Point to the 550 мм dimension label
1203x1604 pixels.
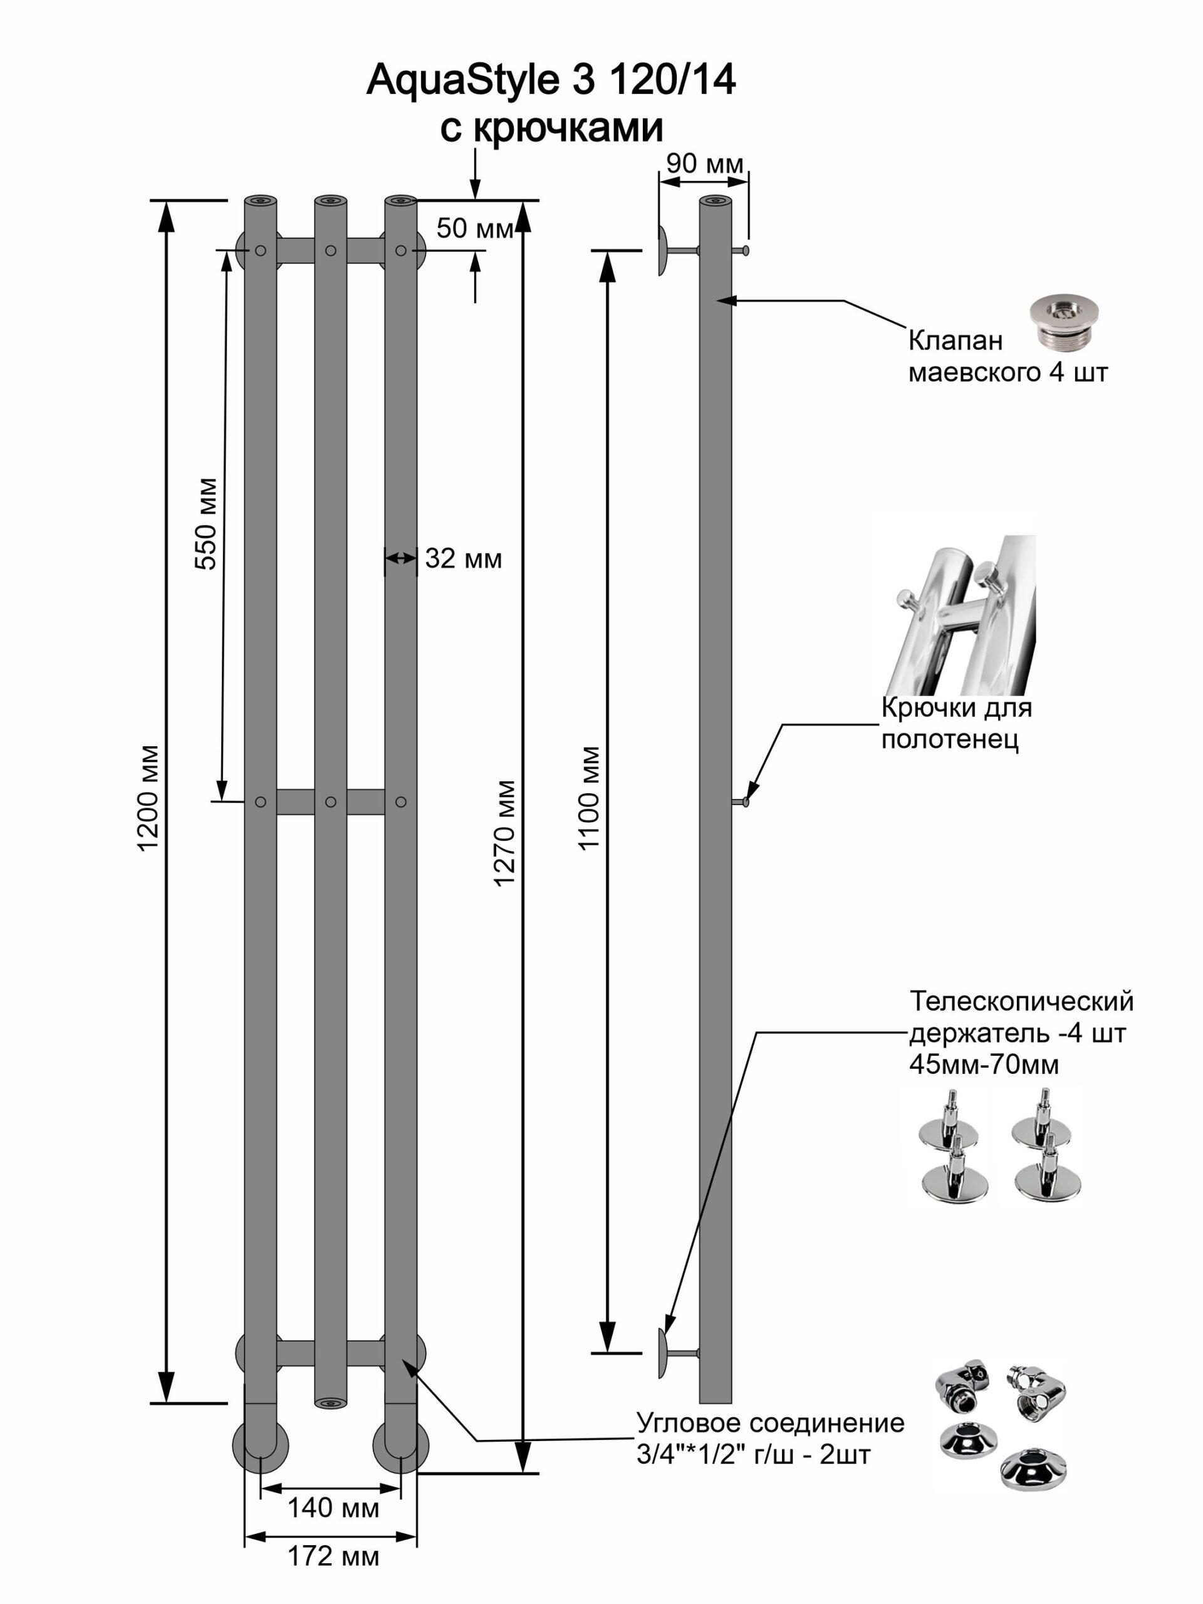click(206, 524)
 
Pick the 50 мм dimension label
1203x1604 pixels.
click(474, 229)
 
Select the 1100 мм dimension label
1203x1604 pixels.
click(589, 798)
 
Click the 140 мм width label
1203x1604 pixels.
click(333, 1508)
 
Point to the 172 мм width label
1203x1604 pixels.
click(333, 1556)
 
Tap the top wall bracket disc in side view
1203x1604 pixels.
click(663, 250)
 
